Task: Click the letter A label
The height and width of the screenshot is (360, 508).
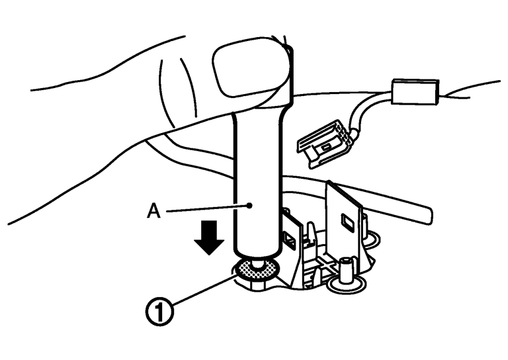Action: tap(153, 212)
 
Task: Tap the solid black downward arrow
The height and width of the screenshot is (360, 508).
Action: tap(209, 238)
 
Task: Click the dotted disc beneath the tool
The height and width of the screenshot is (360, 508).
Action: tap(257, 269)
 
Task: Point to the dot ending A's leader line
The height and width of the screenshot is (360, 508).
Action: tap(249, 205)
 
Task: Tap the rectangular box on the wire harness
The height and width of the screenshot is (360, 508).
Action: tap(415, 92)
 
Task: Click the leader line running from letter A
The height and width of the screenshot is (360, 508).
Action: tap(208, 208)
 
